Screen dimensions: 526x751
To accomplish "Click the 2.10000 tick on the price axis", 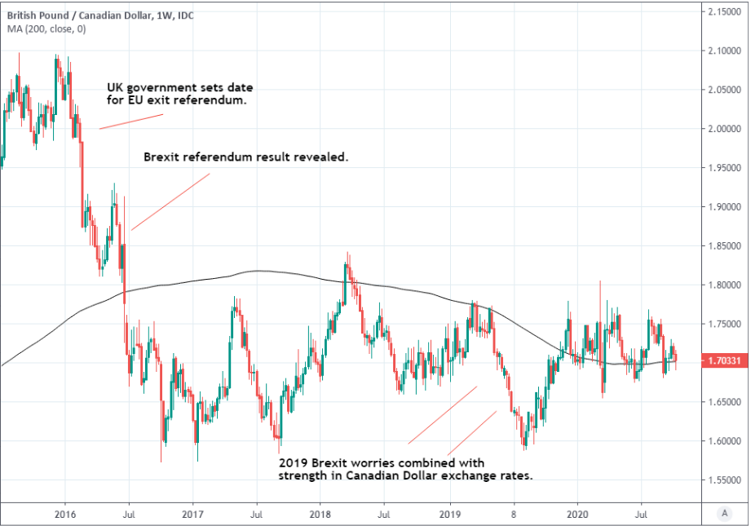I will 724,51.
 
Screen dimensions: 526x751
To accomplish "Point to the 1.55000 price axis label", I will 724,480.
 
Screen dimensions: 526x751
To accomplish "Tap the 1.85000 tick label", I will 724,246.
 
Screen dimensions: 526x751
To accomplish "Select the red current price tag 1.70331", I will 724,360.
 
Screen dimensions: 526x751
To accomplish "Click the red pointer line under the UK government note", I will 131,121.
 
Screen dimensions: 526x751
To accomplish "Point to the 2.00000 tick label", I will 724,129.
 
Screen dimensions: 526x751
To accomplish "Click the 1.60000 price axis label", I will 724,441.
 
